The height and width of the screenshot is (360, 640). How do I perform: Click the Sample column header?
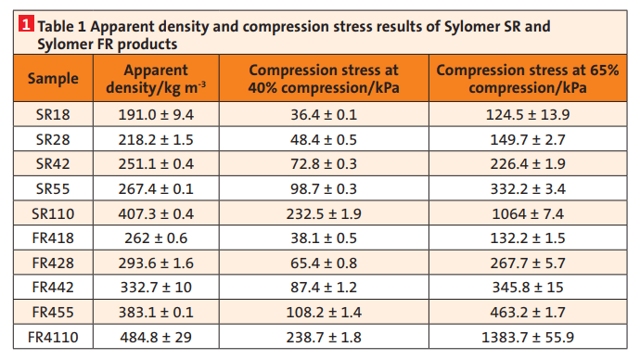(53, 78)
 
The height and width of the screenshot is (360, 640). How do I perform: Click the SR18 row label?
(53, 115)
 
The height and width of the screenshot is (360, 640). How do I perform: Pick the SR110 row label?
(53, 212)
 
